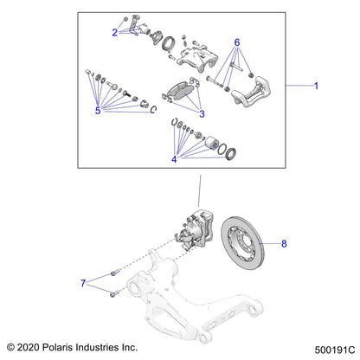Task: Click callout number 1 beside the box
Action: pyautogui.click(x=317, y=87)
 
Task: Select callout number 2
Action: pyautogui.click(x=114, y=33)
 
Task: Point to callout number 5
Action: pyautogui.click(x=98, y=112)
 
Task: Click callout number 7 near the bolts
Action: pyautogui.click(x=84, y=282)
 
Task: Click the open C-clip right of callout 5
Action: pyautogui.click(x=152, y=108)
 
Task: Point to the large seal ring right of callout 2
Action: pyautogui.click(x=170, y=45)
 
